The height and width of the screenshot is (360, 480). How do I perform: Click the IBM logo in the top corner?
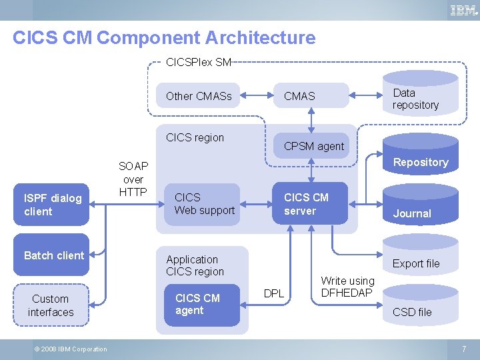[x=463, y=10]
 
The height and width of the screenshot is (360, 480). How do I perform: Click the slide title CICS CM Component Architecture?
[x=164, y=38]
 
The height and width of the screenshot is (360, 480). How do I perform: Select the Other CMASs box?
[x=199, y=96]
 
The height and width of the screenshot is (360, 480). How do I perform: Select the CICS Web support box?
[x=204, y=204]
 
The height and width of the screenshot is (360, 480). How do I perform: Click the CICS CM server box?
[x=310, y=204]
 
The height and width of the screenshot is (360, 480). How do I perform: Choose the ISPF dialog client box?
[x=53, y=205]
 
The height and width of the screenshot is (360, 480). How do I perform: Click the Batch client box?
[x=53, y=255]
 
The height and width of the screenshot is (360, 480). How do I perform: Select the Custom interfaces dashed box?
[x=51, y=305]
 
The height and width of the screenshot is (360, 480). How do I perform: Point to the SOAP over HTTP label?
[x=133, y=179]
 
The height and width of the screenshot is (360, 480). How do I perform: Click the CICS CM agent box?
[x=202, y=304]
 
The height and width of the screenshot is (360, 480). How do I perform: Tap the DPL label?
[x=274, y=293]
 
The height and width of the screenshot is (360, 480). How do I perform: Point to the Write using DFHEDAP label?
[x=347, y=287]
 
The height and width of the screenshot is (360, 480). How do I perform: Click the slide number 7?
[x=464, y=349]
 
